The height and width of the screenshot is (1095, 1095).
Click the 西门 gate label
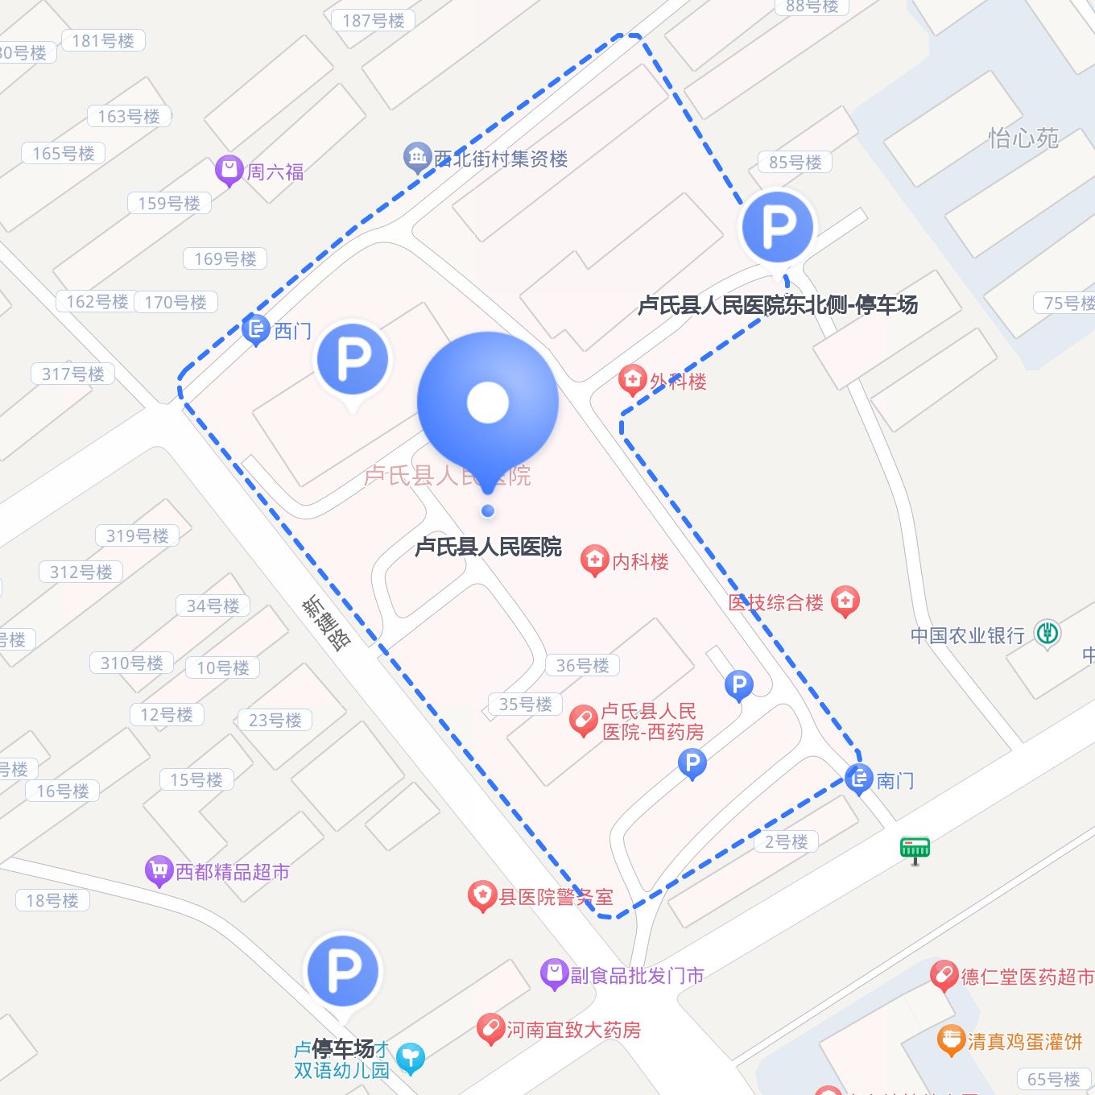(292, 331)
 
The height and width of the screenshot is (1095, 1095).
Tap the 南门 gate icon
(858, 779)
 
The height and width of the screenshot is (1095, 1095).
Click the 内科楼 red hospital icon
(594, 560)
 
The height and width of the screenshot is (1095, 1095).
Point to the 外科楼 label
(678, 382)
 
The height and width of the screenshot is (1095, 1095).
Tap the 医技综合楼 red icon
(845, 600)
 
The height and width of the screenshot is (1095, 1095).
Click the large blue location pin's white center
(487, 403)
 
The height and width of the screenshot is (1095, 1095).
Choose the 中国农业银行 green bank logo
(1047, 634)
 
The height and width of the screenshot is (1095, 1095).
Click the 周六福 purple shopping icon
(229, 170)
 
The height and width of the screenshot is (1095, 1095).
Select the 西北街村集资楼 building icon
(416, 156)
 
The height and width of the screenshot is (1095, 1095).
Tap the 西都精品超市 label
(232, 872)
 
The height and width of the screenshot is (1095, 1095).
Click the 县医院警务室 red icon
(481, 895)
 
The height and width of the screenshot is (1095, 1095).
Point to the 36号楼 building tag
(582, 665)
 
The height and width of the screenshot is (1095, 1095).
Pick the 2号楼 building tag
(786, 841)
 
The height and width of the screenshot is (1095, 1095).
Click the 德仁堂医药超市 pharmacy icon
(943, 975)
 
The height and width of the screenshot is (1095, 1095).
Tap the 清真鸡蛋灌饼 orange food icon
(951, 1039)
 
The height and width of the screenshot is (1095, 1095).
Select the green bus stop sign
(915, 848)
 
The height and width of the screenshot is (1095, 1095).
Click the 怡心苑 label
(1023, 138)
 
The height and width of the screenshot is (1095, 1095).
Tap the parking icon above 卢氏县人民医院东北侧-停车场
(777, 226)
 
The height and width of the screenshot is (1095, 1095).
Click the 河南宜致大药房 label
(573, 1030)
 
